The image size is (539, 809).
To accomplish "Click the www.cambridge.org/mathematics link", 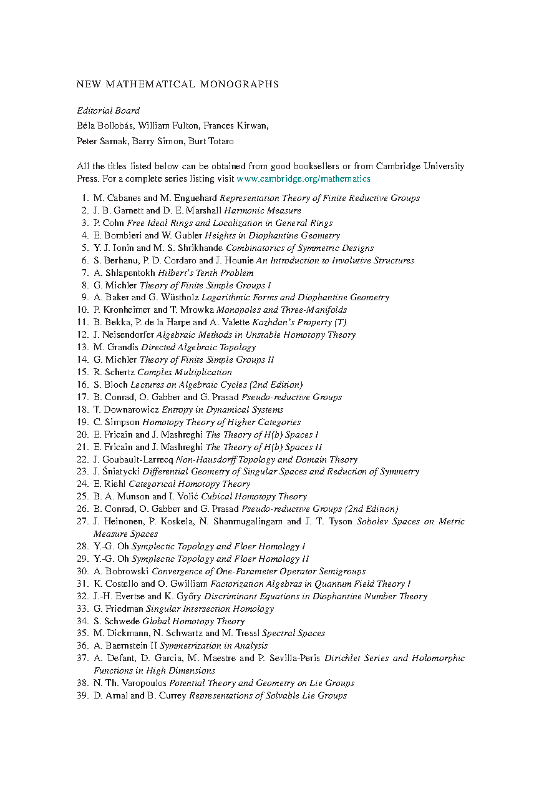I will (x=303, y=179).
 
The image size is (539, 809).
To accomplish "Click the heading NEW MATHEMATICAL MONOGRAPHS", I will (x=177, y=84).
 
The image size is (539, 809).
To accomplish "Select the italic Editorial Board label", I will (x=108, y=110).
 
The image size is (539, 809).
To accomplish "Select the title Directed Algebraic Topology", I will (x=198, y=347).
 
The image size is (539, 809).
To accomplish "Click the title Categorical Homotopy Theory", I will (x=189, y=484).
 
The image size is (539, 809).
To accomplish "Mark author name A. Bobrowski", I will (x=121, y=571).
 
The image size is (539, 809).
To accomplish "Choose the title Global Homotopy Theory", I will (x=193, y=621).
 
